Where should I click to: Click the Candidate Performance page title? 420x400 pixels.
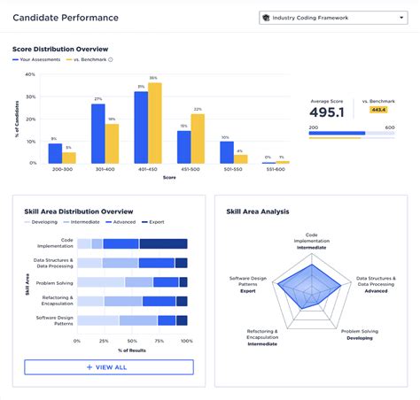pyautogui.click(x=65, y=18)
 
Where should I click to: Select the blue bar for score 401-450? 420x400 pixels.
pyautogui.click(x=141, y=127)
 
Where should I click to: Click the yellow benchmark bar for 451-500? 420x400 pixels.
pyautogui.click(x=198, y=138)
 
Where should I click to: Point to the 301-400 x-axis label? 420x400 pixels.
pyautogui.click(x=105, y=169)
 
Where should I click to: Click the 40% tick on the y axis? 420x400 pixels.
pyautogui.click(x=30, y=74)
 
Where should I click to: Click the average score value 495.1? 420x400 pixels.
pyautogui.click(x=327, y=112)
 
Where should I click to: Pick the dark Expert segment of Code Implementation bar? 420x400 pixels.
pyautogui.click(x=163, y=243)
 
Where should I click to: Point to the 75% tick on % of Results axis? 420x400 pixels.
pyautogui.click(x=159, y=340)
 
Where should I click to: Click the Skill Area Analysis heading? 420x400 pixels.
pyautogui.click(x=257, y=212)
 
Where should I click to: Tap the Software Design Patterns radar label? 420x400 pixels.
pyautogui.click(x=249, y=283)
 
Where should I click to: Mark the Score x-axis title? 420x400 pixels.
pyautogui.click(x=168, y=177)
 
